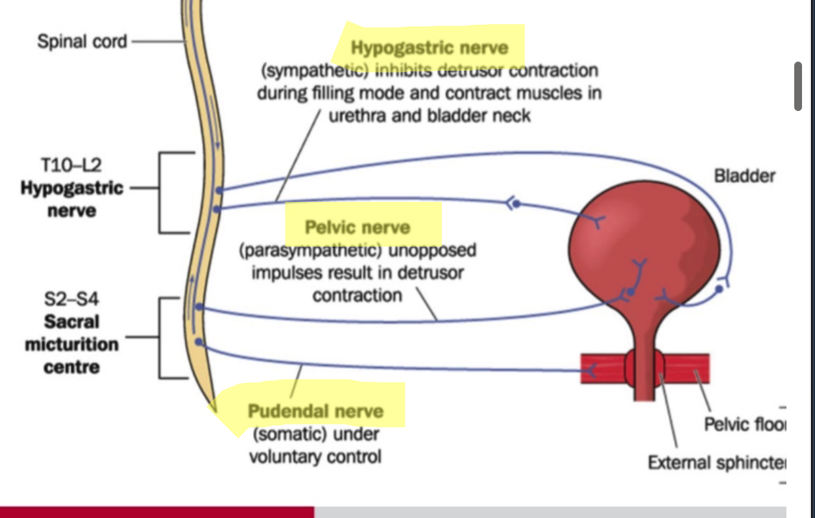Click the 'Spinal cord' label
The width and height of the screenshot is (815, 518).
point(82,42)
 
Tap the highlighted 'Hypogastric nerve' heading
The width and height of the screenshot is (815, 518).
point(430,47)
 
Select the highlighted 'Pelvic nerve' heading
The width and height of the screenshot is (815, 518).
point(358,227)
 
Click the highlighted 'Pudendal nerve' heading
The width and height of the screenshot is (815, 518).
point(316,411)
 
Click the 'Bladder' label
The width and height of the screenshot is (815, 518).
point(744,175)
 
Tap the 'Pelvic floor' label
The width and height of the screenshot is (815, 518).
point(744,425)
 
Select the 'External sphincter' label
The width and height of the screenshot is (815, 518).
point(716,463)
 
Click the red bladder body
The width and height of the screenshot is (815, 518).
point(642,247)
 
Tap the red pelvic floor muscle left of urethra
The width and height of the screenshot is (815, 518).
point(603,369)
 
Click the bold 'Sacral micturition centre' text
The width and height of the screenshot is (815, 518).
point(71,344)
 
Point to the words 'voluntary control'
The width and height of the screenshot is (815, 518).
point(315,456)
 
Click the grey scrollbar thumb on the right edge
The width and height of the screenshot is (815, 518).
point(797,87)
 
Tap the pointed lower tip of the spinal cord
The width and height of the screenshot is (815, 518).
point(212,406)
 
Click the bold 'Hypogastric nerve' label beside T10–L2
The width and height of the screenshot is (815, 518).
point(71,199)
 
